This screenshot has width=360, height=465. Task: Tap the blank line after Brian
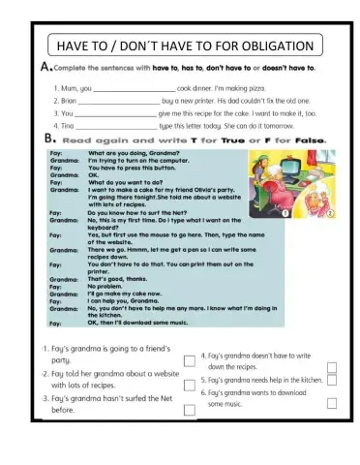click(117, 101)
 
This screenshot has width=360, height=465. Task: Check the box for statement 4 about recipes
click(332, 366)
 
